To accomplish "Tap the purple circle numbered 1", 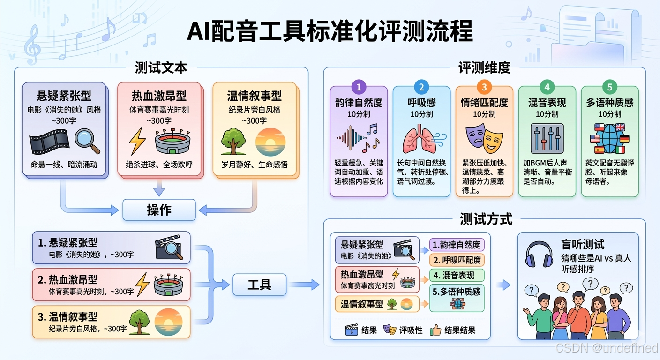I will click(x=359, y=87).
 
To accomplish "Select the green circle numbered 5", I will click(x=610, y=87).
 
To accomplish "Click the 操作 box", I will click(x=159, y=210).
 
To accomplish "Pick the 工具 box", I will click(x=259, y=284).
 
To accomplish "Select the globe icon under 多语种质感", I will click(x=610, y=139).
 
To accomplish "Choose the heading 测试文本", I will click(x=161, y=67).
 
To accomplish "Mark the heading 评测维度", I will click(x=484, y=67).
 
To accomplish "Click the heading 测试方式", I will click(x=486, y=218).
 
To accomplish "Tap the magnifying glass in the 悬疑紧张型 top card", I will click(x=88, y=140).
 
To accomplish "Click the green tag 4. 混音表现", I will click(x=457, y=275).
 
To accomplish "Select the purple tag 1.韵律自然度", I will click(x=457, y=245).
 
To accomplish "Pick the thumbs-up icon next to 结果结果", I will click(x=435, y=330).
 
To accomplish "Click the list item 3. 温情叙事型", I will click(x=111, y=322).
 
